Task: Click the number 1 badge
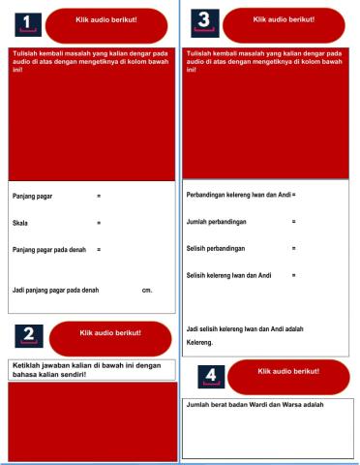[27, 22]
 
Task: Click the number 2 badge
[27, 335]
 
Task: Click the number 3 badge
[202, 19]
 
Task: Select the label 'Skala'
[19, 224]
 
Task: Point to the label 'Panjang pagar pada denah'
[48, 250]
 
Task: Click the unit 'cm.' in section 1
[146, 290]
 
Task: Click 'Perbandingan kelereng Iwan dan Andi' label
[238, 196]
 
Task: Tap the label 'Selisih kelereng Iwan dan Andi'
[228, 275]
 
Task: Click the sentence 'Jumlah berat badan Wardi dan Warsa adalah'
[255, 405]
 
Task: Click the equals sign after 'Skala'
[99, 224]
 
